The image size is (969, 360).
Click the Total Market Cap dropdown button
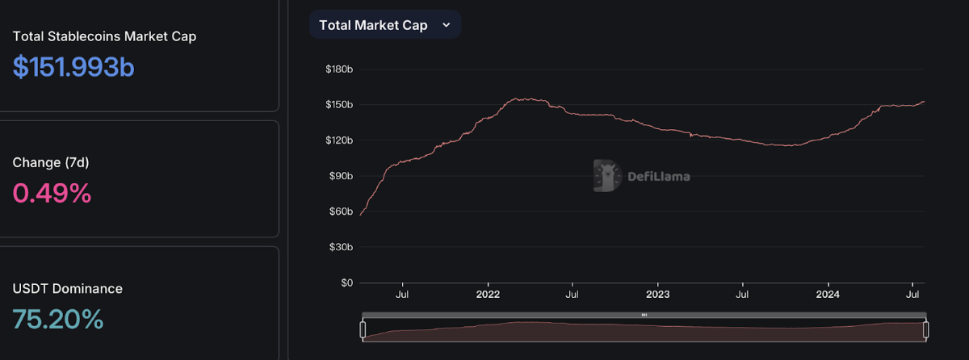pos(384,25)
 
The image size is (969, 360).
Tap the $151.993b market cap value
pos(73,67)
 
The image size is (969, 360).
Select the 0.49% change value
pos(52,193)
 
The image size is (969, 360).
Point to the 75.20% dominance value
pos(58,320)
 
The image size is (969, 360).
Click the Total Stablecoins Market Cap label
pos(104,36)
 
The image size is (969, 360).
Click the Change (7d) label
pos(51,162)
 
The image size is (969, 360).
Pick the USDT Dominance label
pos(68,288)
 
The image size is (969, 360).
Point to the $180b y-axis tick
pos(339,69)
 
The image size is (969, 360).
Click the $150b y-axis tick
pos(339,105)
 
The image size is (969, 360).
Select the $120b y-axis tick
pos(339,140)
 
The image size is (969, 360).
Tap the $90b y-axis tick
pos(341,176)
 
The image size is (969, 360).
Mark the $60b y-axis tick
pos(341,211)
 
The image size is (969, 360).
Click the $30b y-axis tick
pos(341,247)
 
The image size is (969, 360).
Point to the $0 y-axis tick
pos(346,283)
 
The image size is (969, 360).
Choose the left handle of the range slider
pos(363,329)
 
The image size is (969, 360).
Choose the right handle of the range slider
pos(926,329)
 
